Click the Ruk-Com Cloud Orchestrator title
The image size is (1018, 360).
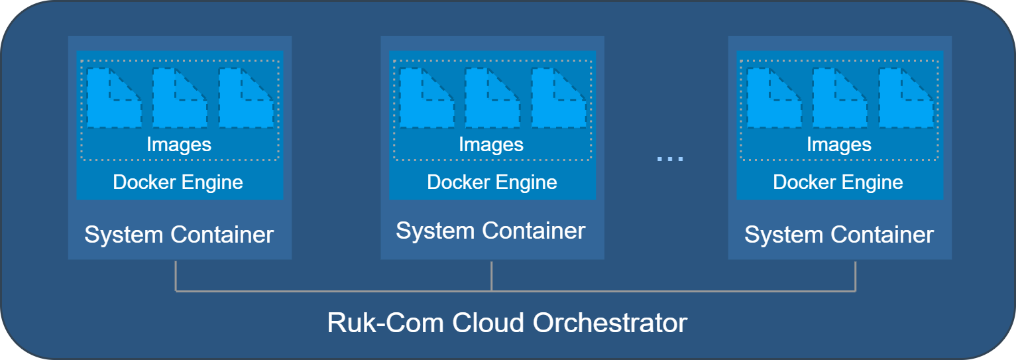point(507,323)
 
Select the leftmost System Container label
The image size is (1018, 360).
point(179,235)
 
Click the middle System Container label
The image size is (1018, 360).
point(490,231)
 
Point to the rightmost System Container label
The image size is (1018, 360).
point(838,235)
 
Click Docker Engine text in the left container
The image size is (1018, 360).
point(178,182)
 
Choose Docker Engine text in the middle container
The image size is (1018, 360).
point(492,182)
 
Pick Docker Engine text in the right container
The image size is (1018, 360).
point(838,182)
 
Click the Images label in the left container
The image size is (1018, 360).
point(179,145)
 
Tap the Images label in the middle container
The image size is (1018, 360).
point(491,145)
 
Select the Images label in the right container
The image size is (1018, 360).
point(838,145)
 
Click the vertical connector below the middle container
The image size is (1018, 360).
point(491,275)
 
